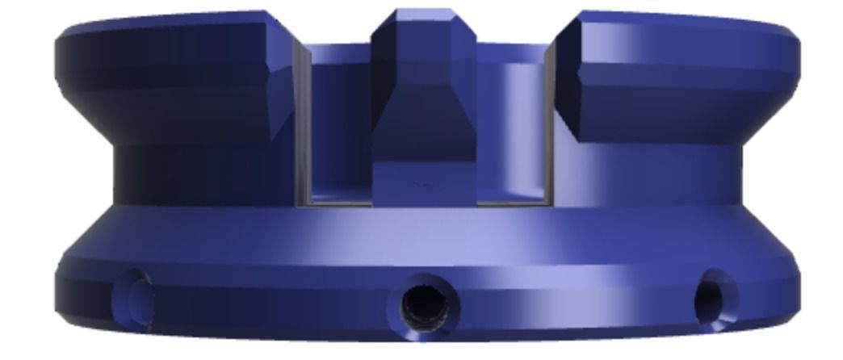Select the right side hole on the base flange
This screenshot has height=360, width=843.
tap(715, 297)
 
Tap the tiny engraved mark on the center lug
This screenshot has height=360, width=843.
tap(421, 184)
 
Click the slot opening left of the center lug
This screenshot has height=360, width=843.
tap(339, 129)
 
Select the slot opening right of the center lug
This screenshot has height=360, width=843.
tap(510, 129)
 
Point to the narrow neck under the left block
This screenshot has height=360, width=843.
tap(202, 174)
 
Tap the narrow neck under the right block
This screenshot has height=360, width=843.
tap(646, 174)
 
